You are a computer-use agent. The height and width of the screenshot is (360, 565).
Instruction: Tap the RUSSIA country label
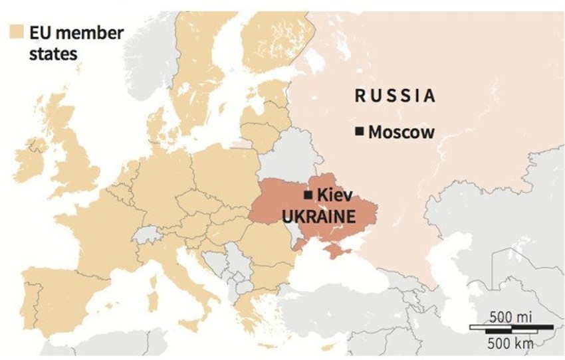click(395, 96)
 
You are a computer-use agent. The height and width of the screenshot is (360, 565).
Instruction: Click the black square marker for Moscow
click(360, 132)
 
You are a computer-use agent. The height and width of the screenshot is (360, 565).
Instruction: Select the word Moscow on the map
click(401, 132)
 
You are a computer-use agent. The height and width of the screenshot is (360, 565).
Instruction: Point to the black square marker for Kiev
click(308, 195)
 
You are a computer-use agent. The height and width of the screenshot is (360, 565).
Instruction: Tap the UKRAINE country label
click(319, 216)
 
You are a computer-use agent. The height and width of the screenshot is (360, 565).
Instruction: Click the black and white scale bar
click(511, 327)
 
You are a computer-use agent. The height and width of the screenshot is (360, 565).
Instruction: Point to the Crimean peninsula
click(336, 251)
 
